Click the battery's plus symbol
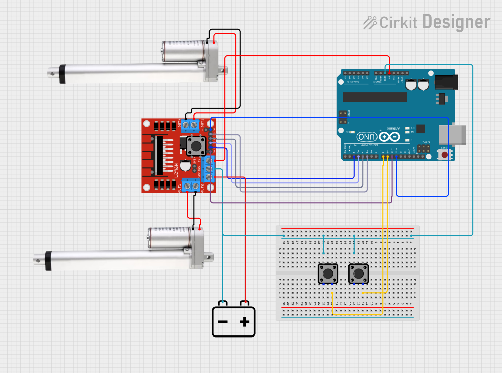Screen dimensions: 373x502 (x=245, y=322)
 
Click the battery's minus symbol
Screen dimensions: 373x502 (x=223, y=322)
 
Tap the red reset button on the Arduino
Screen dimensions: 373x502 (x=444, y=155)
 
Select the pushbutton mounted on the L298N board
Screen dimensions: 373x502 (x=196, y=146)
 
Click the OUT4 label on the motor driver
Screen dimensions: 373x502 (x=179, y=123)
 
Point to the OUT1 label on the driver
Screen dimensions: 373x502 (x=180, y=188)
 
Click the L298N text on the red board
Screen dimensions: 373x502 (x=176, y=170)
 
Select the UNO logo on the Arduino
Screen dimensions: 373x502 (x=367, y=137)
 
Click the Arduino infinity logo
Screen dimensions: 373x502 (x=389, y=137)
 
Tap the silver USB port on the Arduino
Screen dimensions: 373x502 (x=452, y=135)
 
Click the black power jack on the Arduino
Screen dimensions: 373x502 (x=446, y=82)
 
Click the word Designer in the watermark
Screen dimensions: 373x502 (x=456, y=22)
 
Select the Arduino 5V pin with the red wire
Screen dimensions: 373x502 (x=389, y=73)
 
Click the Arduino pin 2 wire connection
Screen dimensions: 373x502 (x=354, y=157)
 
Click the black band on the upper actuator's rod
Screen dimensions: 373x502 (x=62, y=74)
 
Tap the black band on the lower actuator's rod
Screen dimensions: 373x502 (x=48, y=261)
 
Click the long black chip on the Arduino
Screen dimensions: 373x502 (x=375, y=97)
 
